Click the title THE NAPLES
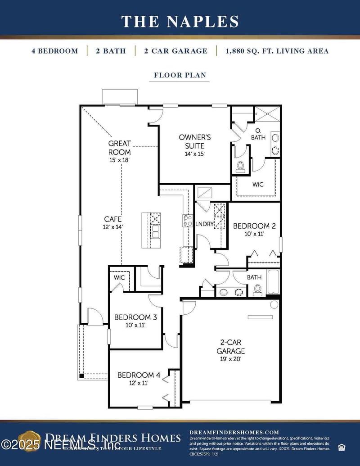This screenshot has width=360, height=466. [x=180, y=21]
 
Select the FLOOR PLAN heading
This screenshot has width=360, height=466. [x=180, y=75]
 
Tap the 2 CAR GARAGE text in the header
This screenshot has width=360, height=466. [x=175, y=51]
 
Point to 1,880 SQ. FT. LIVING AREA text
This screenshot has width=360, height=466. [x=277, y=51]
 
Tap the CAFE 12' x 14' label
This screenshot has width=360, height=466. [x=113, y=223]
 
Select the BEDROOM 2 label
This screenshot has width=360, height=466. [x=254, y=230]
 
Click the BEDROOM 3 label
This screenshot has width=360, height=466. [x=135, y=321]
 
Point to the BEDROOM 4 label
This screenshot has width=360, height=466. [x=139, y=378]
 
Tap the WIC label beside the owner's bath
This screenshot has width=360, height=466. [x=258, y=185]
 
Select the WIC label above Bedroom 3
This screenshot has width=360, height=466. [x=119, y=278]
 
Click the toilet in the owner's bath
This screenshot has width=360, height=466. [x=240, y=166]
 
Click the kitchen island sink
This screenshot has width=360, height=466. [x=156, y=231]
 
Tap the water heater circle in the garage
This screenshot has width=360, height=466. [x=274, y=305]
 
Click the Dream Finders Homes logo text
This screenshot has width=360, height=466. [x=112, y=438]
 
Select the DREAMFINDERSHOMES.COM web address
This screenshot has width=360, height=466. [x=234, y=432]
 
